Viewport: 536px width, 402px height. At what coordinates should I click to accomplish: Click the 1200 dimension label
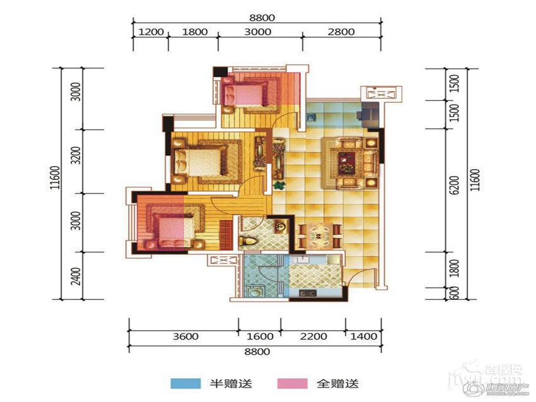click(x=151, y=32)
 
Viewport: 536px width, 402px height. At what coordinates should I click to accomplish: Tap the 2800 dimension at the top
click(x=341, y=32)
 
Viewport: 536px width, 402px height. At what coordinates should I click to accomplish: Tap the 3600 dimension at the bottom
click(x=184, y=336)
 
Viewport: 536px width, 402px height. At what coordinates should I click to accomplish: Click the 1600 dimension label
click(x=260, y=336)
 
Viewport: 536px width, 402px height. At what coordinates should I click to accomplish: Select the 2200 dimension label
click(x=313, y=336)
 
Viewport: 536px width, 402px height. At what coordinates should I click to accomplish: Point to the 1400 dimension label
click(x=364, y=336)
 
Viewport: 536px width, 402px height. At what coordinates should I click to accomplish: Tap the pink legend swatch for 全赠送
click(x=292, y=383)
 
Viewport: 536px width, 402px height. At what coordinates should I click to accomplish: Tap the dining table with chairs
click(x=317, y=237)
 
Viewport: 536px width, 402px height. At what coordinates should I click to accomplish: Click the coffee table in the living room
click(x=346, y=162)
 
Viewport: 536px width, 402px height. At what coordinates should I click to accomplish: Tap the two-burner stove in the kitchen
click(x=308, y=293)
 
